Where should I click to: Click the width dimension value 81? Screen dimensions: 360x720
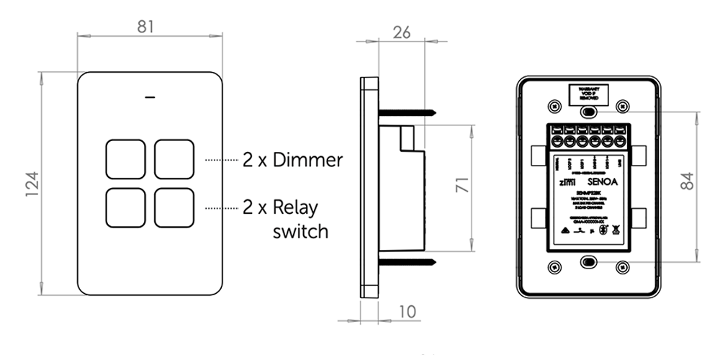147,27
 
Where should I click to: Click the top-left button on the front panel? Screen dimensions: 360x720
126,159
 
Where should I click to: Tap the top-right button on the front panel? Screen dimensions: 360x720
174,159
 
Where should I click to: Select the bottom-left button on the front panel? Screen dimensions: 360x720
126,207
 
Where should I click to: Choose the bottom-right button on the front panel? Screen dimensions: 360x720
174,207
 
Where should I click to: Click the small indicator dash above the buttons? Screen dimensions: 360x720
150,96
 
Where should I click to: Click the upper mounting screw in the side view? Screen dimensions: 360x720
407,112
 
